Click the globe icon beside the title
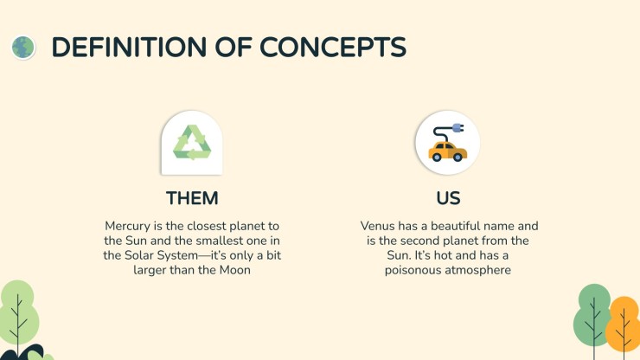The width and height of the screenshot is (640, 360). click(22, 48)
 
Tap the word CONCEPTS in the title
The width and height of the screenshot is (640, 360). click(333, 47)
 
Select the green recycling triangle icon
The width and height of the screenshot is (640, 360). click(192, 142)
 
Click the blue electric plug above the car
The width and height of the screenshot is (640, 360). click(458, 128)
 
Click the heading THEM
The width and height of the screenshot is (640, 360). click(192, 198)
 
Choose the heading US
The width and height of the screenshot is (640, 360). click(448, 198)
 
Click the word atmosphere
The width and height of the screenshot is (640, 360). click(477, 271)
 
